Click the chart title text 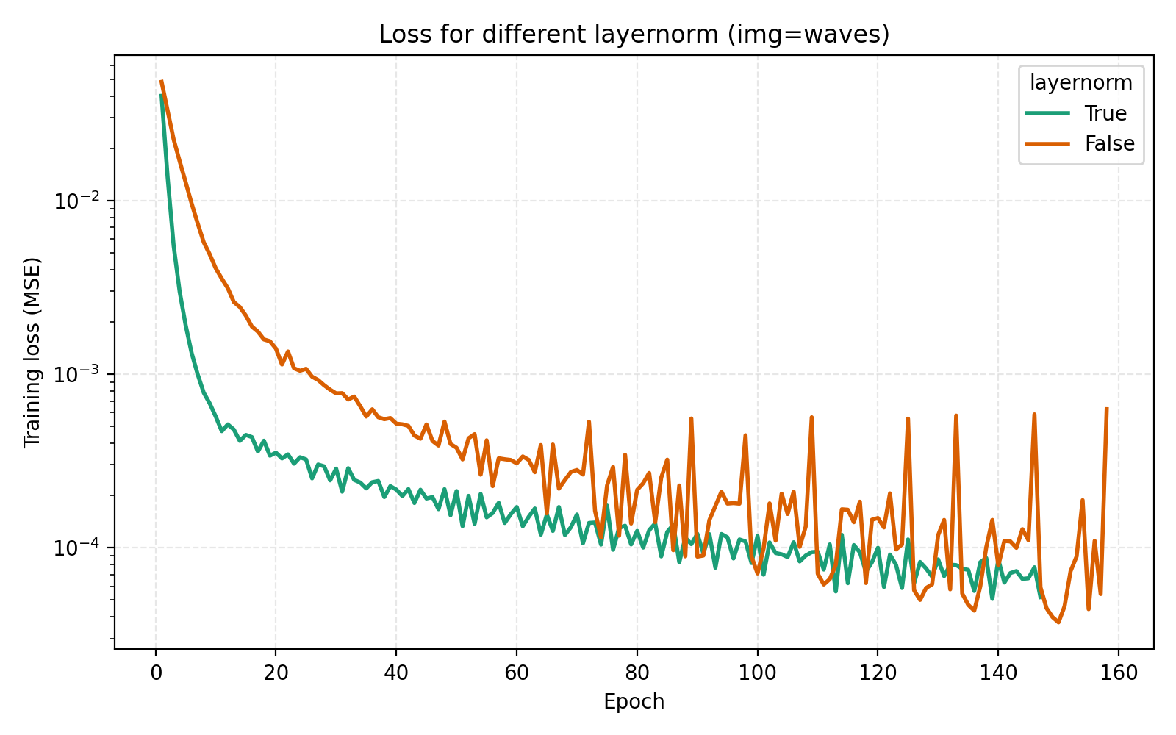tap(634, 35)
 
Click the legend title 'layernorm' tap(1080, 83)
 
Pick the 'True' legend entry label tap(1105, 113)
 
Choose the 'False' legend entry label tap(1109, 144)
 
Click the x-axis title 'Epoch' tap(634, 702)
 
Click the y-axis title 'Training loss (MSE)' tap(32, 352)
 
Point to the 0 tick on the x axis tap(156, 672)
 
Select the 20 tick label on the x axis tap(276, 672)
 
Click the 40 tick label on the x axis tap(396, 672)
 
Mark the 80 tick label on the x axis tap(637, 672)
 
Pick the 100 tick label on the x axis tap(757, 672)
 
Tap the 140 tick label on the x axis tap(998, 672)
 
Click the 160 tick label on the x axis tap(1118, 672)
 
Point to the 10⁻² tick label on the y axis tap(76, 200)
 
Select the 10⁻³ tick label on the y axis tap(76, 373)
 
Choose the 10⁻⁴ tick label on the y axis tap(76, 548)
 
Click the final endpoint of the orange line tap(1107, 408)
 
